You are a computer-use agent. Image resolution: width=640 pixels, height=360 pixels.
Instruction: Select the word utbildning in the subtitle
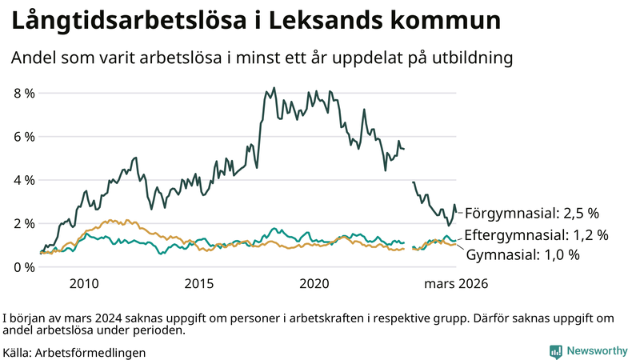(469, 58)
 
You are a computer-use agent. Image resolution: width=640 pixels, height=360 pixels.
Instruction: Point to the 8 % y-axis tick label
(25, 93)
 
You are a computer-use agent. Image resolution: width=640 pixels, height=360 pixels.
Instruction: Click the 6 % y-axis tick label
(25, 137)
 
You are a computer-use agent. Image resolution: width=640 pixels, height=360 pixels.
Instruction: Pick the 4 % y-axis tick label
(25, 180)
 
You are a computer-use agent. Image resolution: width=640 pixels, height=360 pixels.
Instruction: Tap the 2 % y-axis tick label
(25, 223)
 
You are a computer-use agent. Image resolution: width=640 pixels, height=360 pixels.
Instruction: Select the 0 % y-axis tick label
(25, 266)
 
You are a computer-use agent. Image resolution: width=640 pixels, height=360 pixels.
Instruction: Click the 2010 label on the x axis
(84, 284)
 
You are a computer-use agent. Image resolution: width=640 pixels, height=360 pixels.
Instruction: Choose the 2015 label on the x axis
(199, 284)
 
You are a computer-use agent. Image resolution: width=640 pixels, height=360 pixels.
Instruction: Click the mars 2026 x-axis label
(456, 284)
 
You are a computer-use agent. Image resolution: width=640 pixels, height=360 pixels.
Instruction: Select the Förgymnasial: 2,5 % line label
(531, 213)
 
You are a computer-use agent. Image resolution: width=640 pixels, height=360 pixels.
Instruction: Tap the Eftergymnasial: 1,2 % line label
(536, 235)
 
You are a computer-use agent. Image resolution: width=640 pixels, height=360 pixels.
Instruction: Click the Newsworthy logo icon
(556, 351)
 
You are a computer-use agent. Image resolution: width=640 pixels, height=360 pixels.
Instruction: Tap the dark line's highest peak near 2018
(274, 88)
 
